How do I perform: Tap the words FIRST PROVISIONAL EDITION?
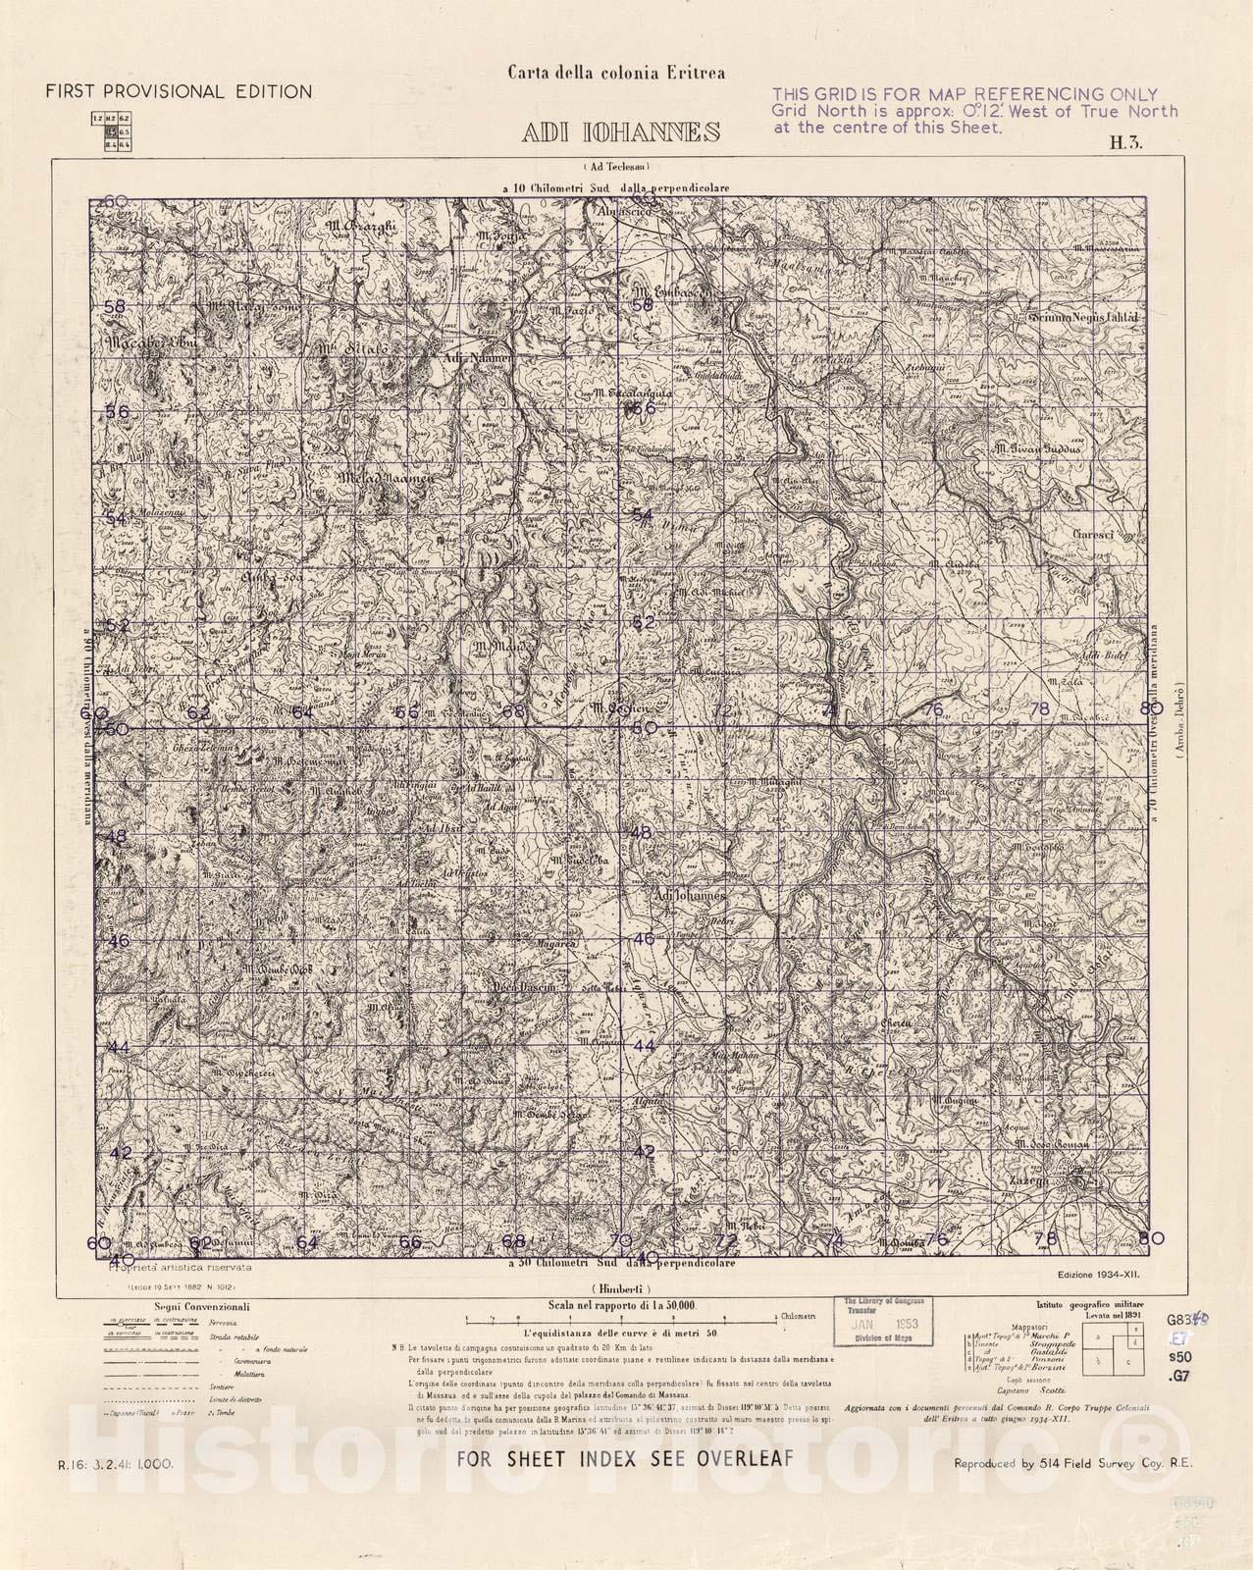click(179, 92)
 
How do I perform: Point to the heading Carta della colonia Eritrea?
click(615, 72)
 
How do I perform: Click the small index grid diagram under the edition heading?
click(111, 131)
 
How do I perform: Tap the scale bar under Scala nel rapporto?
click(620, 1320)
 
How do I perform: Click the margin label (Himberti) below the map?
click(622, 1286)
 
